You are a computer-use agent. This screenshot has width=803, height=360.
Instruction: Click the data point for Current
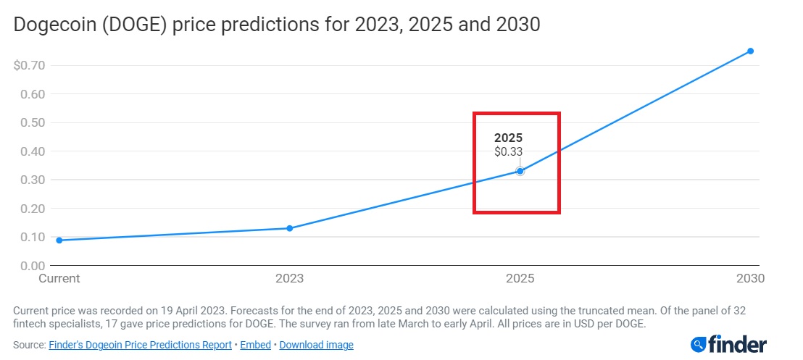point(59,240)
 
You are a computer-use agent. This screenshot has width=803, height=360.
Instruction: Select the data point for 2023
point(290,228)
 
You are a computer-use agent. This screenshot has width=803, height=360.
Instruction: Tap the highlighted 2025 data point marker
point(520,171)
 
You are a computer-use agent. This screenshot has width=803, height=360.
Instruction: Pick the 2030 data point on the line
point(751,51)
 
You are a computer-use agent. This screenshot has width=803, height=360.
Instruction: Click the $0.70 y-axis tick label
point(30,66)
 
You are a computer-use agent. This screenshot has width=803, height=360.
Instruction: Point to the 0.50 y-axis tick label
point(33,122)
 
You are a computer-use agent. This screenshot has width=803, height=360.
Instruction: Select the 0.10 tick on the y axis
point(33,237)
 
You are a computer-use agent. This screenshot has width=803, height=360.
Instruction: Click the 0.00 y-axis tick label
point(33,266)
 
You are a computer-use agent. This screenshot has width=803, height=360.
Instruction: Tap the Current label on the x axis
point(59,278)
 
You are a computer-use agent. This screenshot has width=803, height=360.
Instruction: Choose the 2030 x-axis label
point(751,278)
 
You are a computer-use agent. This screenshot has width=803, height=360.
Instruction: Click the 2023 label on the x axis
point(290,278)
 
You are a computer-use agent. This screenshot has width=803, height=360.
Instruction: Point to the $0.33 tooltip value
point(508,151)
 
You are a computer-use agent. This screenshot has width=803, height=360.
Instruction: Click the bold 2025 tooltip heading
point(508,138)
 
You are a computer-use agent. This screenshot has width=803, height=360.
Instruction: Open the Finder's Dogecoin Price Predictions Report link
point(140,345)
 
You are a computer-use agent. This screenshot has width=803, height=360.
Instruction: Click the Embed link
point(256,345)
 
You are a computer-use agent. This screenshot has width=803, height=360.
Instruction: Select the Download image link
point(316,345)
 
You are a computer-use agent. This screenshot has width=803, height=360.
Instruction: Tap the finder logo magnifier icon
point(699,344)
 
